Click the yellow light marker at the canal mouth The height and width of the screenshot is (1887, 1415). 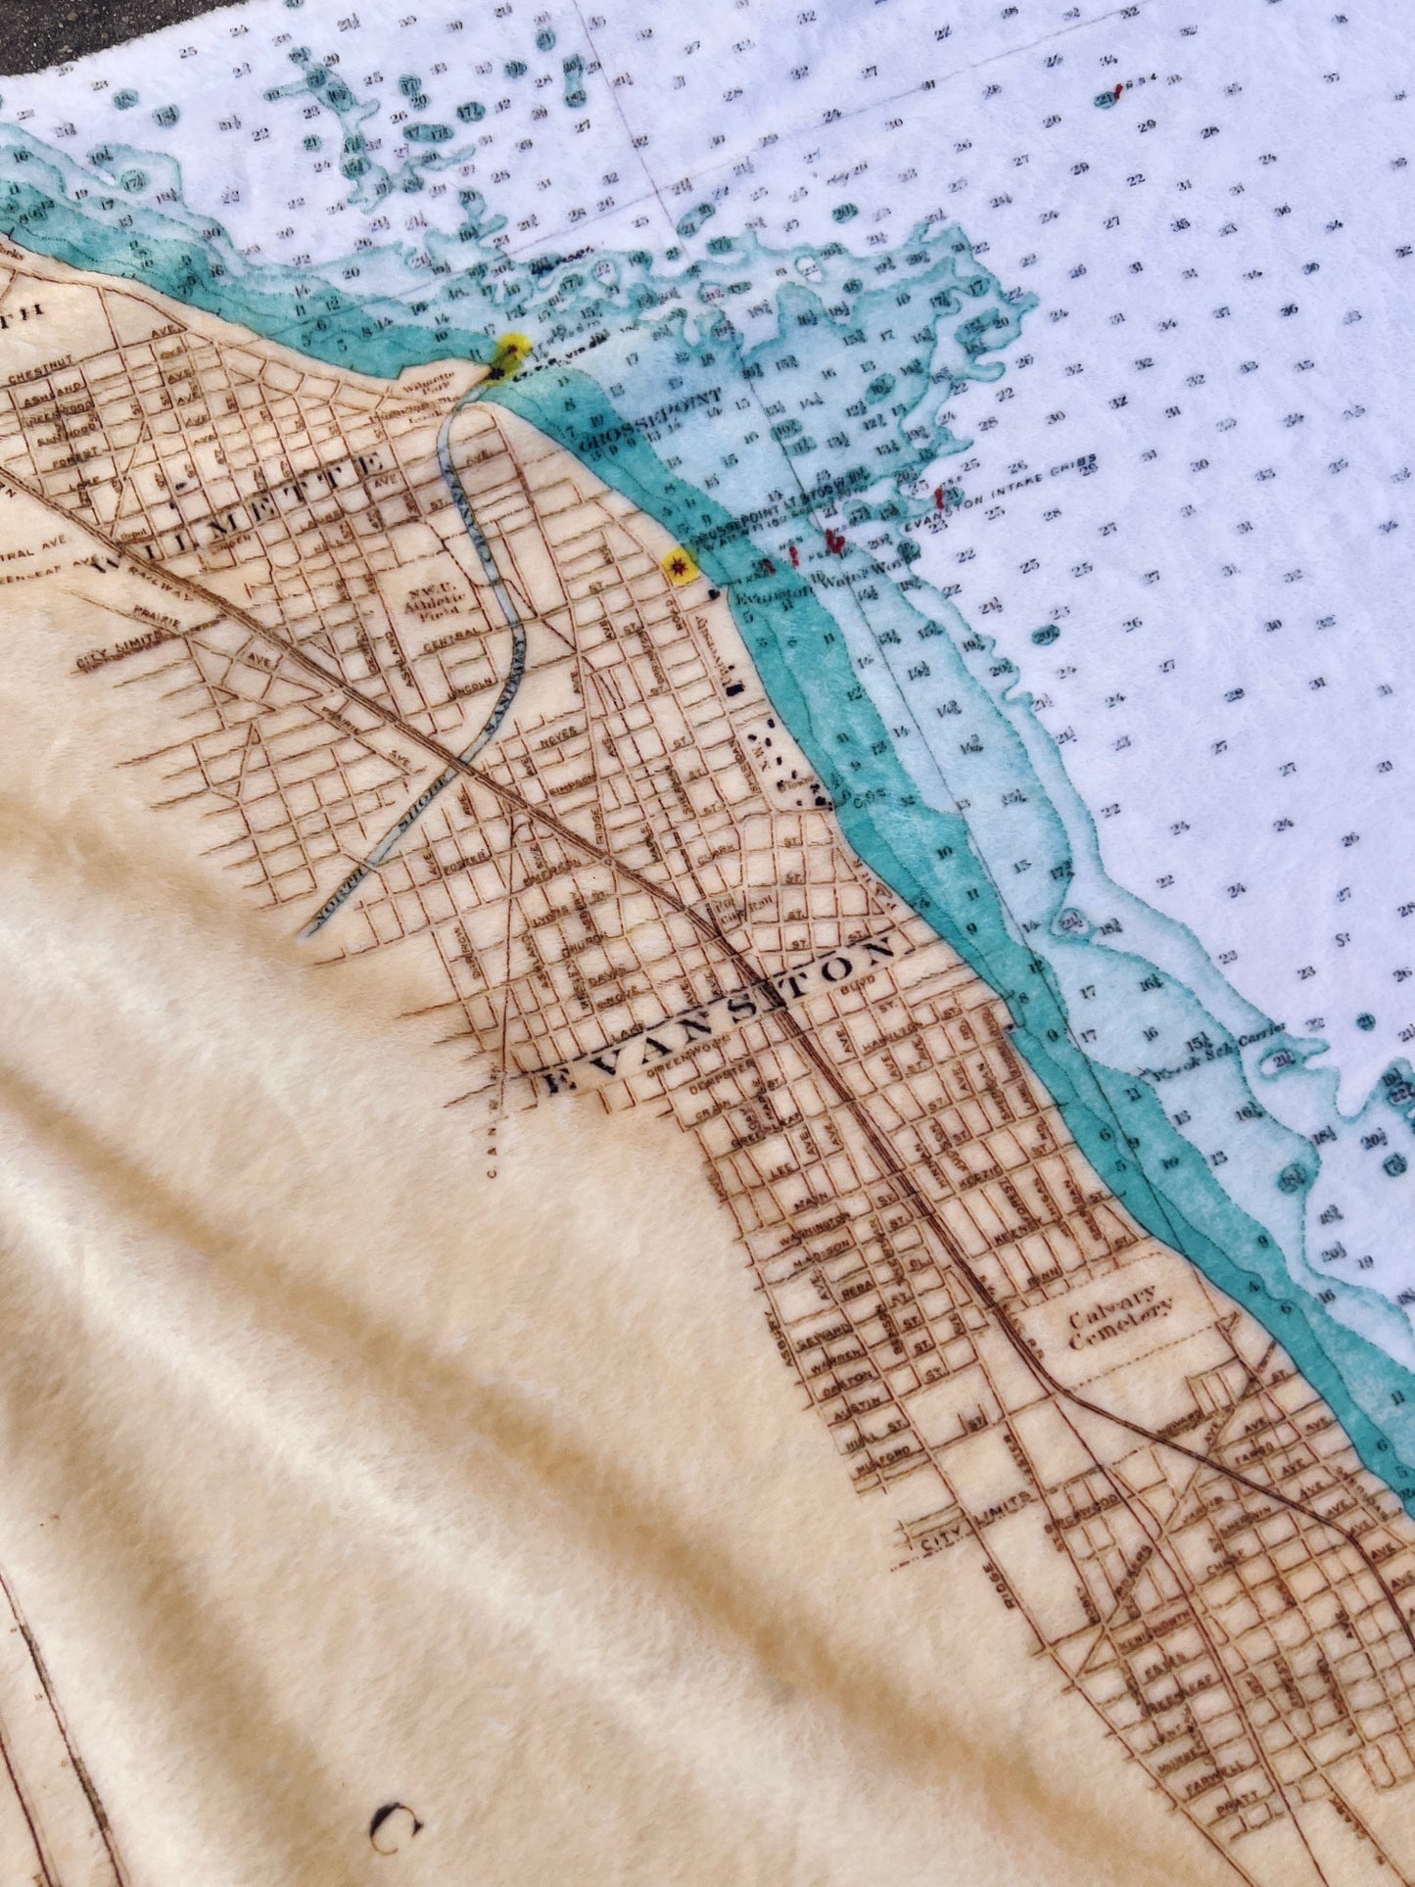(x=511, y=349)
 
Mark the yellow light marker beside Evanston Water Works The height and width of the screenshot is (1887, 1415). (x=678, y=564)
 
